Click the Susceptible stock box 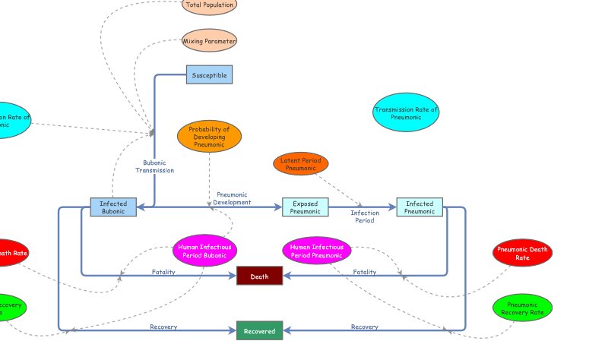(209, 75)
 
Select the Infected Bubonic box (113, 207)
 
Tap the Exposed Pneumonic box (305, 207)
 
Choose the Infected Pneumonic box (420, 207)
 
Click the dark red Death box (259, 276)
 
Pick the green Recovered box (259, 331)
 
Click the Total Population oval (209, 5)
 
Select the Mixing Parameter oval (209, 41)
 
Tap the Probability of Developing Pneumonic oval (209, 137)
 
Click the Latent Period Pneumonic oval (301, 163)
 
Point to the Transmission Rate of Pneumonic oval (406, 112)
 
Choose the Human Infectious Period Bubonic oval (204, 251)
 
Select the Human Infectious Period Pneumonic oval (317, 251)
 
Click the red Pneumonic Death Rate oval (522, 253)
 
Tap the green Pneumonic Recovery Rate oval (522, 308)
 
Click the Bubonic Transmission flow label (155, 166)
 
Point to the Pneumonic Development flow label (232, 198)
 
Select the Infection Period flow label (365, 216)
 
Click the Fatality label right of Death (365, 272)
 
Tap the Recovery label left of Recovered (163, 327)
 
